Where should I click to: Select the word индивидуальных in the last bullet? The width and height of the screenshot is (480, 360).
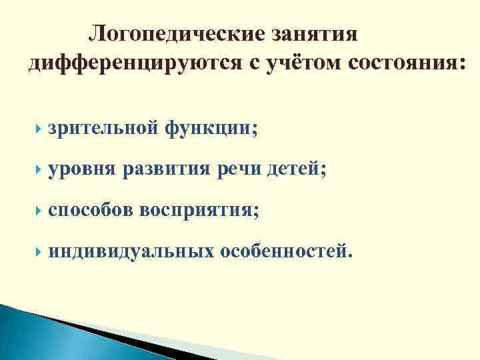point(131,251)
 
